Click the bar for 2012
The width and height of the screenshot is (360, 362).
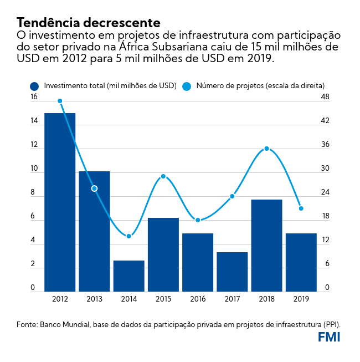tap(60, 202)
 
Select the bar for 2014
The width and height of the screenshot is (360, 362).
tap(128, 276)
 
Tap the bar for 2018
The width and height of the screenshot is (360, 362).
tap(266, 246)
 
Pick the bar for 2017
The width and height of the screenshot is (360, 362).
tap(232, 272)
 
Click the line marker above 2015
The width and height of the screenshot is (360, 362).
tap(163, 176)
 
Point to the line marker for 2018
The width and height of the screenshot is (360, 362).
tap(266, 149)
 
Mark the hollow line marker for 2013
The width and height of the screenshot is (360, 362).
tap(94, 188)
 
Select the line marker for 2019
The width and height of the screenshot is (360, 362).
tap(301, 208)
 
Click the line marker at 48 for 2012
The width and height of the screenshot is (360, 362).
tap(60, 101)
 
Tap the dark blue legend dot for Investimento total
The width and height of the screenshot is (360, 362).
tap(35, 86)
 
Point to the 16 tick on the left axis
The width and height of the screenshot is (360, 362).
tap(34, 97)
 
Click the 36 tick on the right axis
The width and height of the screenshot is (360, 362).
tap(325, 145)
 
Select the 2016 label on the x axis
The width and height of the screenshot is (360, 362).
tap(197, 299)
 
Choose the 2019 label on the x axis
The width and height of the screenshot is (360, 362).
tap(301, 299)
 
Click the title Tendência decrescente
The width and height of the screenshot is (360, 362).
tap(89, 23)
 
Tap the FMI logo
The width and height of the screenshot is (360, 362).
tap(329, 337)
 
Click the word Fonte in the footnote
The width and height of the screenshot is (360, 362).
tap(27, 324)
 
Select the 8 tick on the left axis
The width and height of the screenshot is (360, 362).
tap(33, 193)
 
